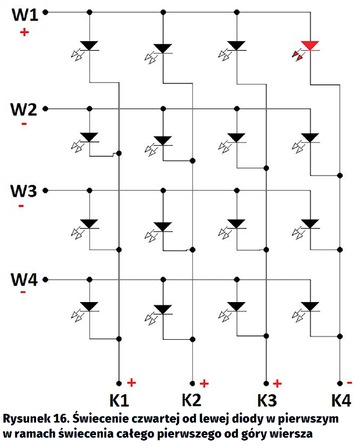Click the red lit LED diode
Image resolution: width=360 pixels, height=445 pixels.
pyautogui.click(x=310, y=46)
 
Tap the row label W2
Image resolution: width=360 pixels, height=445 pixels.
pyautogui.click(x=24, y=108)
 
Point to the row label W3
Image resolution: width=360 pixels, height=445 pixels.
pyautogui.click(x=24, y=190)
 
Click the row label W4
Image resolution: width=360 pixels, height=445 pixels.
pyautogui.click(x=24, y=279)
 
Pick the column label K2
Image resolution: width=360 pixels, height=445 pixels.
pyautogui.click(x=193, y=399)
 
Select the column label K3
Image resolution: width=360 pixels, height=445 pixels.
pyautogui.click(x=268, y=399)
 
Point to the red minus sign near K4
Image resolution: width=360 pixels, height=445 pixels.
pyautogui.click(x=350, y=382)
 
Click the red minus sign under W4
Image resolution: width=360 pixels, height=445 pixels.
pyautogui.click(x=23, y=293)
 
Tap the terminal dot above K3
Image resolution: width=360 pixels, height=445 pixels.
pyautogui.click(x=266, y=383)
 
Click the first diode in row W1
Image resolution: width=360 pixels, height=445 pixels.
pyautogui.click(x=89, y=46)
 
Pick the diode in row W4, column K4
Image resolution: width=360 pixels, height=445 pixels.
pyautogui.click(x=310, y=306)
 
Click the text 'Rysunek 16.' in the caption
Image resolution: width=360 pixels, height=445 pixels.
pyautogui.click(x=35, y=418)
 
